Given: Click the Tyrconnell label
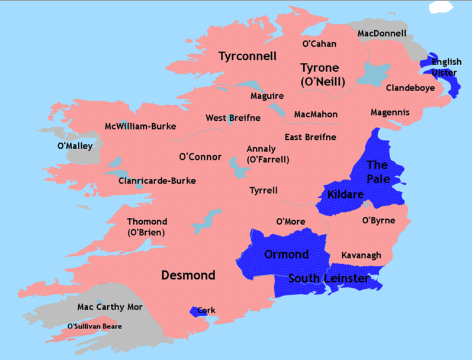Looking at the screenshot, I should (247, 57).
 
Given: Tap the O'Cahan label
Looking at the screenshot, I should (319, 44).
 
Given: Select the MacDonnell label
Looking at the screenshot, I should (382, 34).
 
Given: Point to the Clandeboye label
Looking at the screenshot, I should (410, 88).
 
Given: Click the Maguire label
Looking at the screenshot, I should (266, 96).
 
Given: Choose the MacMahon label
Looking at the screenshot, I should (316, 114).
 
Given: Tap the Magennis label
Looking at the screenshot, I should (390, 112).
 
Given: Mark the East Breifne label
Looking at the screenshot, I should (310, 137).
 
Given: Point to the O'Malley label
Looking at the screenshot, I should (75, 146).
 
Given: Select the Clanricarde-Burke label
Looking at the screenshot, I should (157, 181).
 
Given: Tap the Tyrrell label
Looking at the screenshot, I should (264, 191).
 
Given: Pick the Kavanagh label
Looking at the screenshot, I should (361, 255).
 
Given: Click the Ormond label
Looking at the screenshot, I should (286, 255).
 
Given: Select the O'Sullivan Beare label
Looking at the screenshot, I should (95, 326).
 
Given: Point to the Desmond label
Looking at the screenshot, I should (188, 275).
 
